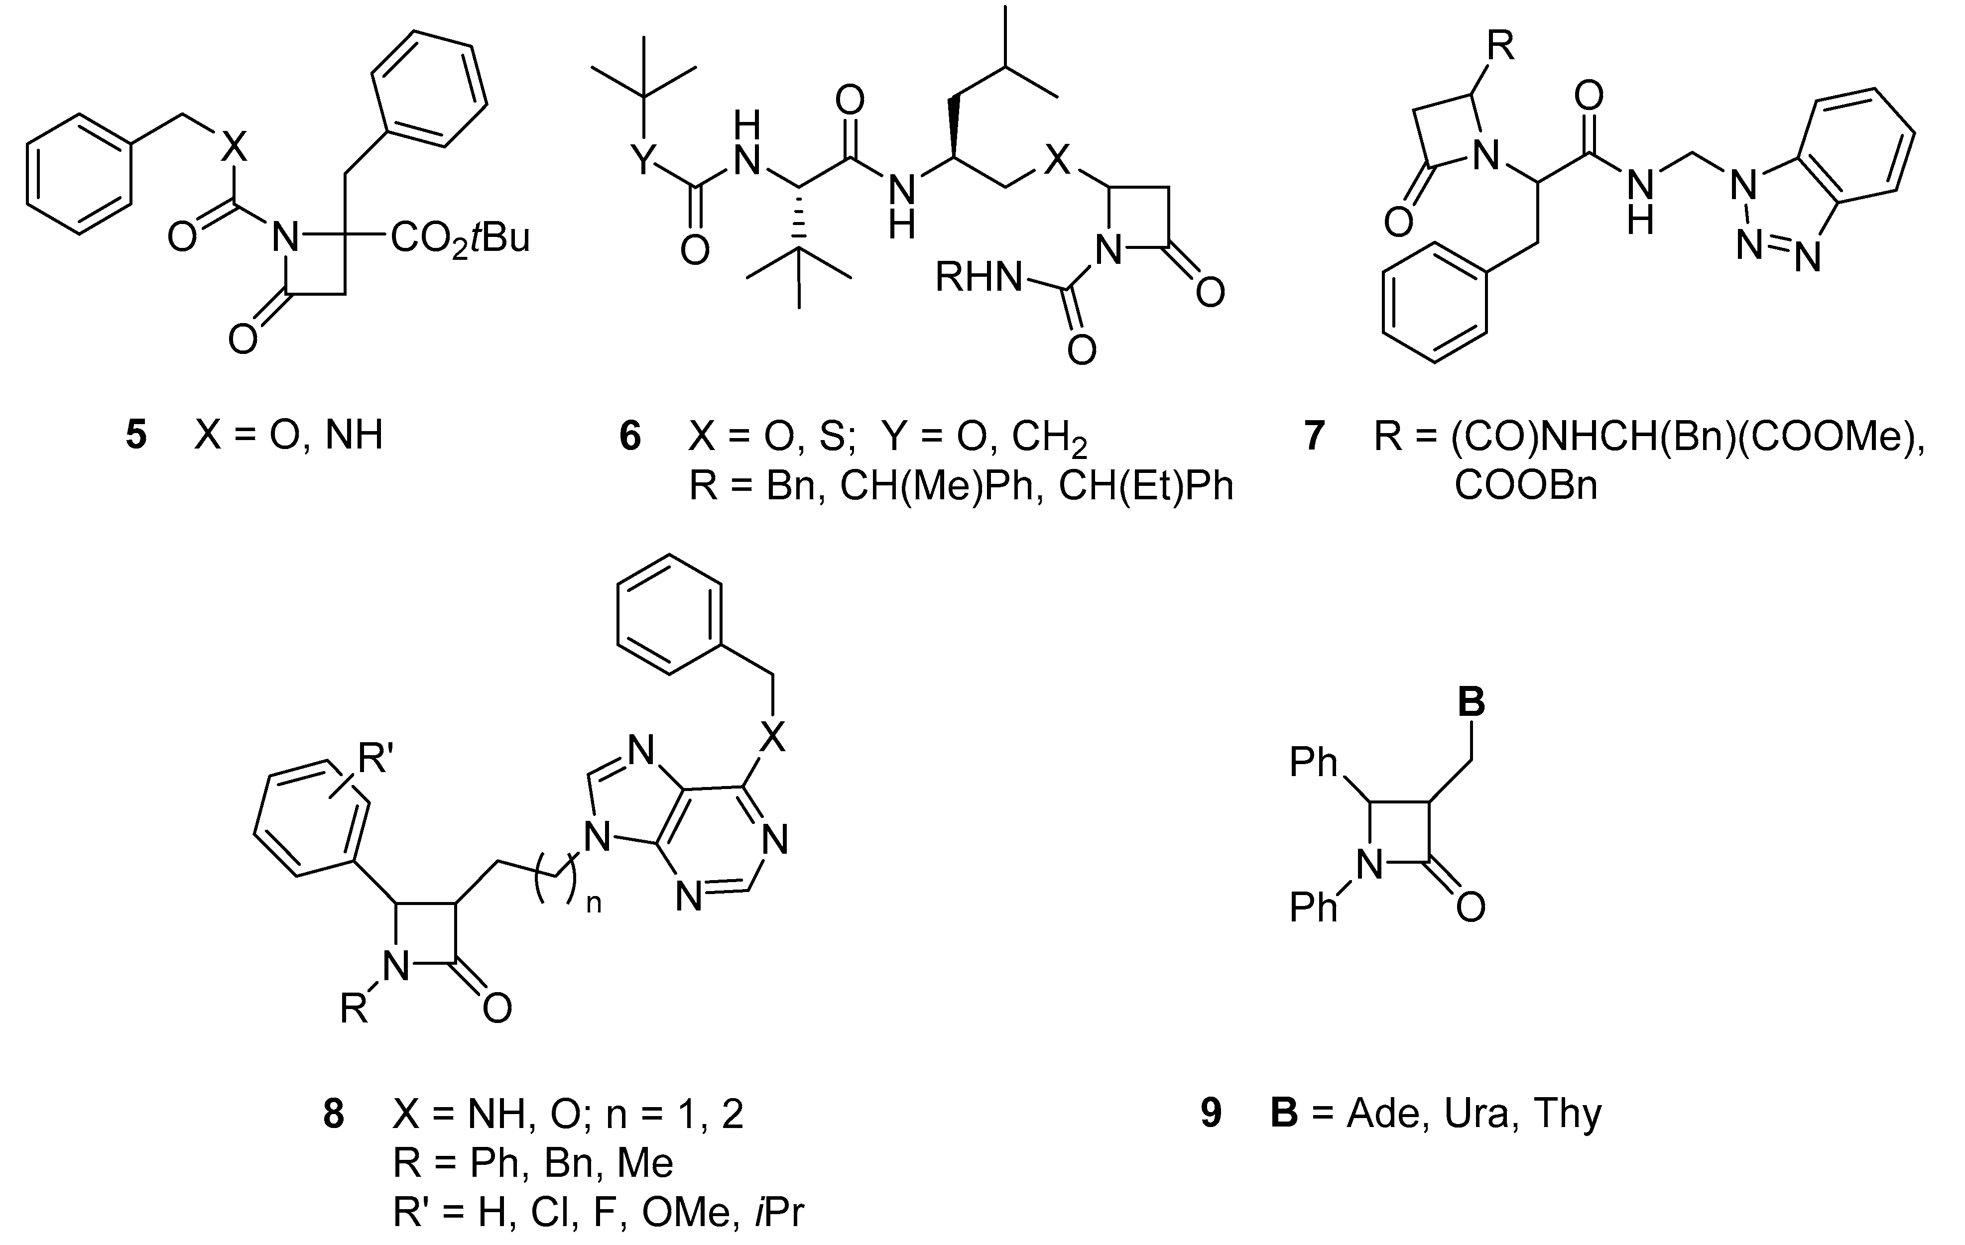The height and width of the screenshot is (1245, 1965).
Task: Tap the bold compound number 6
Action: [x=630, y=436]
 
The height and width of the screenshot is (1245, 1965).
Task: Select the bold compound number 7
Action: [x=1313, y=436]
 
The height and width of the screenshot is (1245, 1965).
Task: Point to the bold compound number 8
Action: [x=333, y=1114]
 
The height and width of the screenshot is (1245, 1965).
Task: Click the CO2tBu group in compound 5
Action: [x=460, y=238]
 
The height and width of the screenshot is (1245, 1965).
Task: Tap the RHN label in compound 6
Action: [x=978, y=277]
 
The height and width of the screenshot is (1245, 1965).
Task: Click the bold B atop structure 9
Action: [x=1472, y=701]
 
